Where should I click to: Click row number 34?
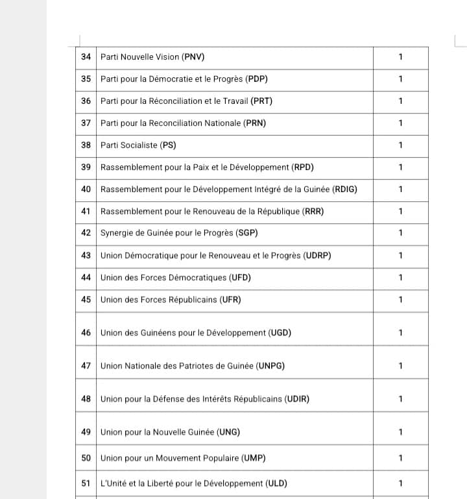pos(86,57)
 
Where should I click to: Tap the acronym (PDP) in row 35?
pos(256,79)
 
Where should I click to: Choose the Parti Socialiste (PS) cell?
pos(138,145)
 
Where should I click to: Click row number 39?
pos(86,167)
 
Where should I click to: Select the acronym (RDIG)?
pos(344,189)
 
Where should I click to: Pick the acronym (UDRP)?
pos(317,256)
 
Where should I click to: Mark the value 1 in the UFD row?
pos(400,278)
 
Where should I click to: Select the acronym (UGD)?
pos(280,333)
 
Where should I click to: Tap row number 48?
pos(86,399)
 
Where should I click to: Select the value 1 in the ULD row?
pos(400,483)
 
